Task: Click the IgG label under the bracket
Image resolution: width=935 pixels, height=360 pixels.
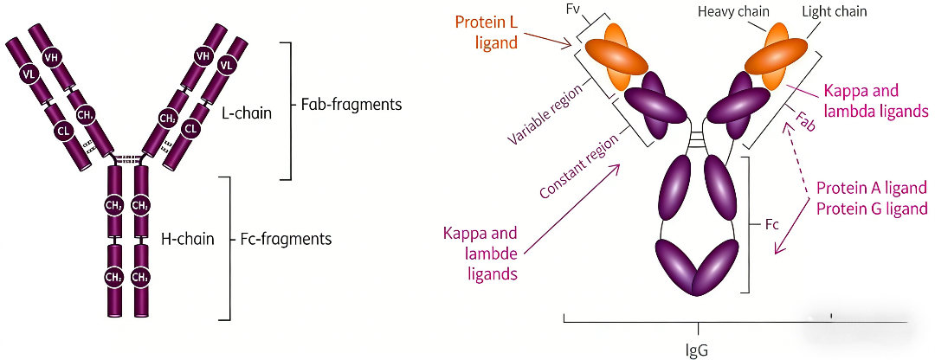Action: [698, 349]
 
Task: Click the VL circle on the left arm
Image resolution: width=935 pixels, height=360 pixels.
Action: [28, 74]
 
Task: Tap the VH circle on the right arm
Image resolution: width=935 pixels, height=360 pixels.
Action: [203, 56]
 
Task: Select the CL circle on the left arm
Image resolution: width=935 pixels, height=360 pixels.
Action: [62, 129]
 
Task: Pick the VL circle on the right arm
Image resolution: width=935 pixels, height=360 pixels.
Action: [225, 67]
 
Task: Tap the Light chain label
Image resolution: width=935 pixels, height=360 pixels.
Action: [825, 11]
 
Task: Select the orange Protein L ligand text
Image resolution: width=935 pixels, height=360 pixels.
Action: [487, 33]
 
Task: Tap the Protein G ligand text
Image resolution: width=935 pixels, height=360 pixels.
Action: [872, 209]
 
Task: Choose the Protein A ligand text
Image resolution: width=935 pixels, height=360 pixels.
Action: [872, 189]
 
